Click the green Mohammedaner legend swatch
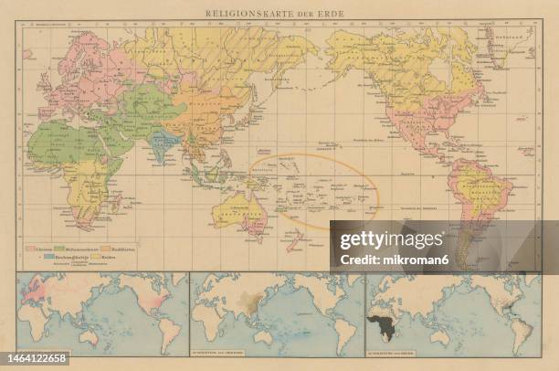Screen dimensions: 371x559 61,249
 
